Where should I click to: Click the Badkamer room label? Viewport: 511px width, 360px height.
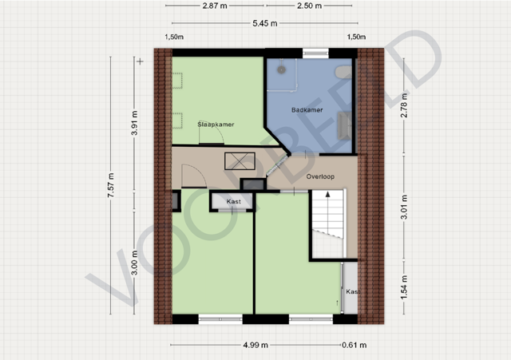tap(307, 110)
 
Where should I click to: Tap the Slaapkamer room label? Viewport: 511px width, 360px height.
tap(216, 125)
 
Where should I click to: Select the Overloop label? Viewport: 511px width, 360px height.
tap(320, 176)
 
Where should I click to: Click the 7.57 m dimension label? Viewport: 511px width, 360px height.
tap(111, 185)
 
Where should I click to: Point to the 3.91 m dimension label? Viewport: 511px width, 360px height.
tap(135, 123)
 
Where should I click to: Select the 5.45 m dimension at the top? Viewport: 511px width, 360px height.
tap(265, 23)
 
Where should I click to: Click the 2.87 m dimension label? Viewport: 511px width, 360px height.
tap(215, 6)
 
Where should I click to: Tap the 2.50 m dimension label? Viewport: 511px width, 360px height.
tap(309, 6)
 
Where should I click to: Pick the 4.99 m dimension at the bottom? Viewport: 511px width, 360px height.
tap(255, 345)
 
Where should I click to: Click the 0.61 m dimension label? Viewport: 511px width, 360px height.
tap(355, 345)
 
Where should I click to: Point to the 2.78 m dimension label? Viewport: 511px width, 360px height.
tap(404, 105)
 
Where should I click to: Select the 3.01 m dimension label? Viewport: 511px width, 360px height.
tap(404, 207)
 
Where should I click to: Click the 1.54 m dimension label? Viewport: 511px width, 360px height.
tap(404, 287)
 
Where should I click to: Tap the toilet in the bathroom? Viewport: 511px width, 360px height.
tap(344, 72)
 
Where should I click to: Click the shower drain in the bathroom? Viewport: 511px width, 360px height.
tap(282, 69)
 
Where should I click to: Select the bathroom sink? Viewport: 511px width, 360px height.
tap(344, 125)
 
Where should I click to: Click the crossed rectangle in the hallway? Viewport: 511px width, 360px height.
tap(240, 161)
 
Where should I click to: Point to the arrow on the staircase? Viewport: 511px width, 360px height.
tap(328, 195)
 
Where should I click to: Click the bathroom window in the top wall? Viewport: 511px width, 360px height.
tap(315, 53)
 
